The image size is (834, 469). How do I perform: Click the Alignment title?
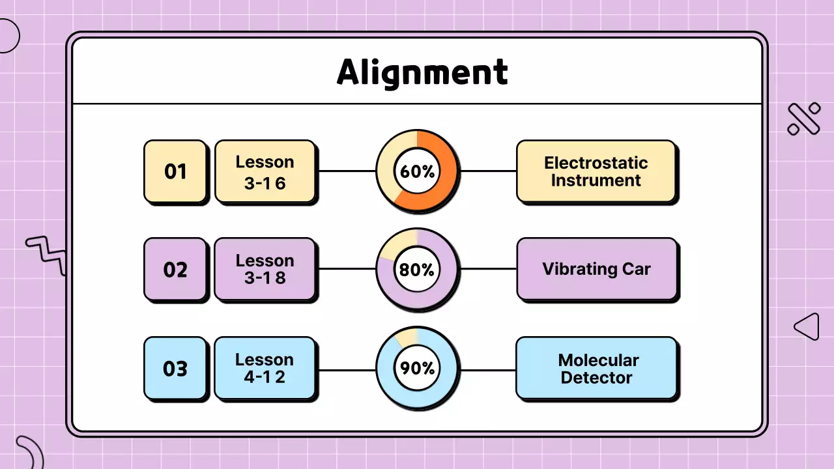pyautogui.click(x=422, y=72)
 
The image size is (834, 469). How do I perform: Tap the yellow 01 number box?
pyautogui.click(x=175, y=171)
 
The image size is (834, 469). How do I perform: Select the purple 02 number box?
pyautogui.click(x=175, y=269)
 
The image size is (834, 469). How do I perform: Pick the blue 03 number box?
pyautogui.click(x=175, y=368)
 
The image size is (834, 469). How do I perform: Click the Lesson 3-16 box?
pyautogui.click(x=265, y=171)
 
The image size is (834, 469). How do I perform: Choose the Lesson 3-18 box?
pyautogui.click(x=265, y=269)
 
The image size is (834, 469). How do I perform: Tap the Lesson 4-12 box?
pyautogui.click(x=265, y=368)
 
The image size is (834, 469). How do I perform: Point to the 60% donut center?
pyautogui.click(x=418, y=171)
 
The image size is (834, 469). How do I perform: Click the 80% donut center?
pyautogui.click(x=418, y=269)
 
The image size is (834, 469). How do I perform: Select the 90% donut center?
pyautogui.click(x=418, y=368)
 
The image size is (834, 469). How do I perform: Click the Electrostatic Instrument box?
pyautogui.click(x=596, y=171)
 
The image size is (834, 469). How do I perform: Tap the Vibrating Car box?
pyautogui.click(x=596, y=269)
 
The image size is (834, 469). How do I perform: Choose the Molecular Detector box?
pyautogui.click(x=596, y=368)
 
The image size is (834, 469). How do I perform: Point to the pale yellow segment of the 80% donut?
pyautogui.click(x=397, y=245)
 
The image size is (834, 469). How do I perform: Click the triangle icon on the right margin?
pyautogui.click(x=808, y=326)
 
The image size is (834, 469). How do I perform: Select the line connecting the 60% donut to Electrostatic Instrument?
pyautogui.click(x=488, y=171)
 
